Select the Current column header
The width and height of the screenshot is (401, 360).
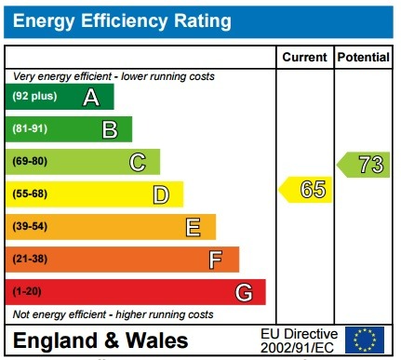click(305, 58)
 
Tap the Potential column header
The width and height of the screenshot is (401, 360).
click(363, 58)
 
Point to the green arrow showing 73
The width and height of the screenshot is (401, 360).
click(364, 165)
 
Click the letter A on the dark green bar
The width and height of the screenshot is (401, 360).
click(91, 97)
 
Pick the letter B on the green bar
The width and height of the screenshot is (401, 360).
click(110, 129)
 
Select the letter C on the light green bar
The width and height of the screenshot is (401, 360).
click(138, 162)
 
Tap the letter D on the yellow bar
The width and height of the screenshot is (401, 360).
click(161, 194)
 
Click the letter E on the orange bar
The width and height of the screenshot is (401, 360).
click(194, 227)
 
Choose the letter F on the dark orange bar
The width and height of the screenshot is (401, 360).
click(216, 260)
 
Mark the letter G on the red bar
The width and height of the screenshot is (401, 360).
click(244, 292)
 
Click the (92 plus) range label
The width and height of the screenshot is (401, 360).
click(33, 97)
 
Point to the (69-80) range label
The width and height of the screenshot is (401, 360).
click(30, 162)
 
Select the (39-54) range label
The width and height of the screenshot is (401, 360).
click(30, 227)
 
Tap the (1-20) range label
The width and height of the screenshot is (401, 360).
click(27, 292)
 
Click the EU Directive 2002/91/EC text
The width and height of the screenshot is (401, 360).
click(299, 340)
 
